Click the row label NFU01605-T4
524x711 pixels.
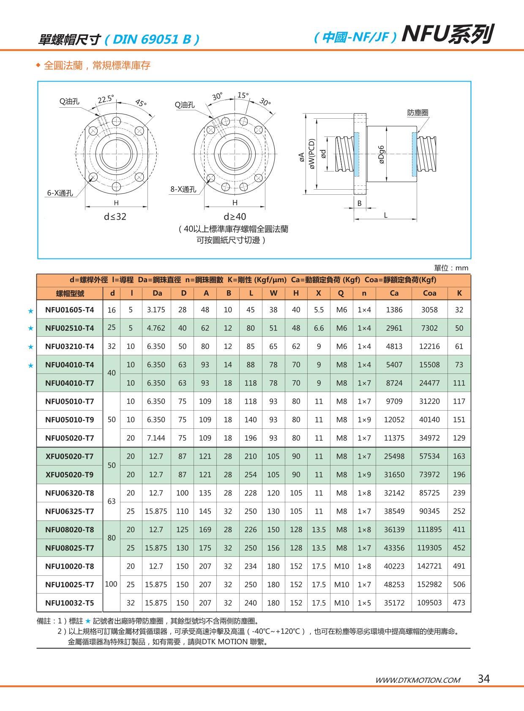point(69,310)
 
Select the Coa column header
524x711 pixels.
point(429,293)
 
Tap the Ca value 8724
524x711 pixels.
point(394,383)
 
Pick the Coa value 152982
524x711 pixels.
point(429,584)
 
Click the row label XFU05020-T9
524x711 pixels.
point(69,474)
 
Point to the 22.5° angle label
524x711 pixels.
point(106,99)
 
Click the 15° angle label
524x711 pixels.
point(243,95)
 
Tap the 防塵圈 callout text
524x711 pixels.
point(418,113)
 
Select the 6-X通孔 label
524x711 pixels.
point(60,193)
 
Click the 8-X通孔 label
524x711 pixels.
point(183,189)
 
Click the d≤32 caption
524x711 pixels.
point(115,217)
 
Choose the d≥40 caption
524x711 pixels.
point(235,217)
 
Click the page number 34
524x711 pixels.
point(483,679)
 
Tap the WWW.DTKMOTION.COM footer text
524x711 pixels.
point(418,680)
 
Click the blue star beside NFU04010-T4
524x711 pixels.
point(30,365)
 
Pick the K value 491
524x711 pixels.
point(459,566)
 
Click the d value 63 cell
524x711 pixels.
point(112,501)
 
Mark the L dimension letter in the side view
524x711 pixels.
point(385,215)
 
